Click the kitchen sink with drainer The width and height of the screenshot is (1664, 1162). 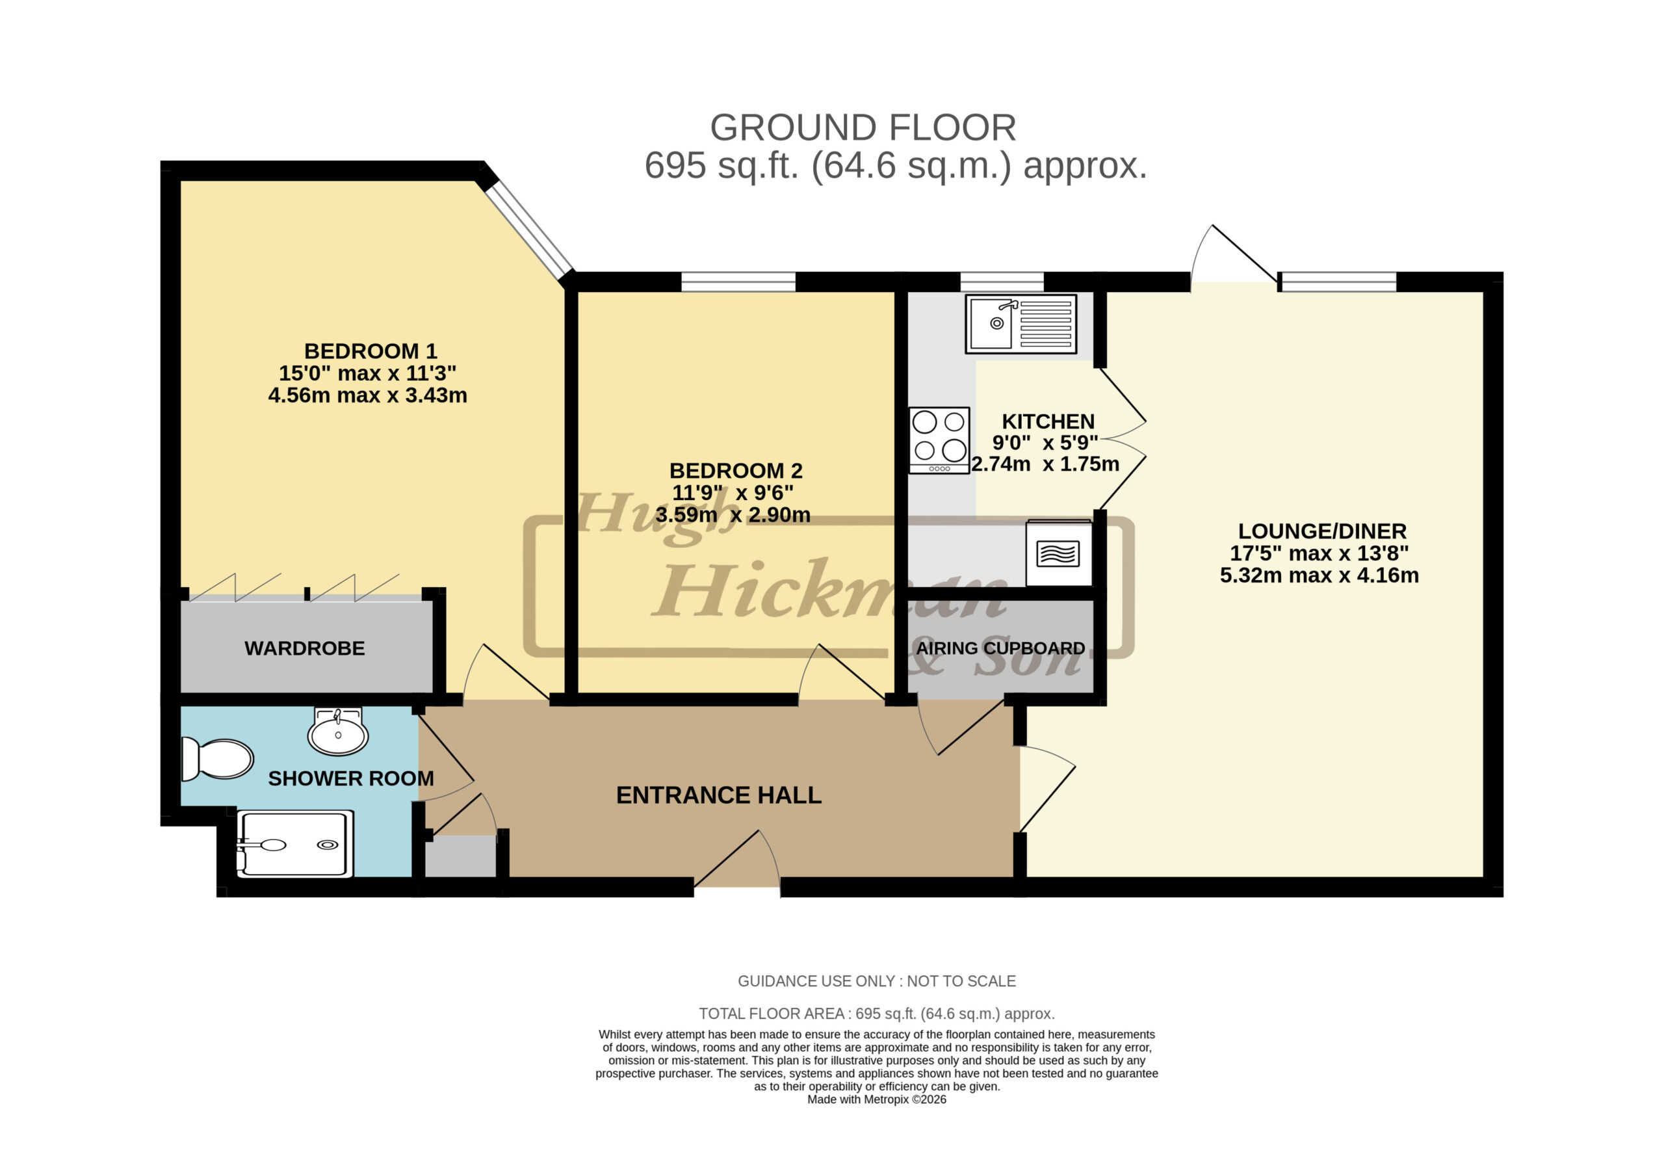point(1020,323)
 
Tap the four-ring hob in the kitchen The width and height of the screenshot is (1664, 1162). point(939,440)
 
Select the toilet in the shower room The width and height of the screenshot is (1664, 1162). point(216,759)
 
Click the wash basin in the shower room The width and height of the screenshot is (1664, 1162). point(338,732)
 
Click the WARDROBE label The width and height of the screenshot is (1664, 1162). point(304,648)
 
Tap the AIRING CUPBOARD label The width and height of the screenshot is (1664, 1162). point(1000,648)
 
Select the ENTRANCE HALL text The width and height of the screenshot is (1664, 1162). point(718,795)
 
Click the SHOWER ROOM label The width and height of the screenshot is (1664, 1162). point(351,778)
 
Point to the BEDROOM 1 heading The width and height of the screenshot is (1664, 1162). point(370,351)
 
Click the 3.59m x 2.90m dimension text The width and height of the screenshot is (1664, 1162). point(733,514)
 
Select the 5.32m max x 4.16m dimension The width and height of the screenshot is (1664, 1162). point(1319,575)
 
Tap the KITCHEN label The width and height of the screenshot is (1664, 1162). point(1048,421)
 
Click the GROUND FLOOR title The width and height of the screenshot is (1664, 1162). point(863,127)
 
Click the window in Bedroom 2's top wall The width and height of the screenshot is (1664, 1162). point(738,282)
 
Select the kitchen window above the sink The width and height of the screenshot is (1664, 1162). point(1002,282)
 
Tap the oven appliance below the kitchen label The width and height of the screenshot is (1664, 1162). point(1058,553)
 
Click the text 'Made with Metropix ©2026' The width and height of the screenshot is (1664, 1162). point(876,1100)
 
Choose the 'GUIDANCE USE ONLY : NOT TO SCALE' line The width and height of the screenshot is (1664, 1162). point(876,981)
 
